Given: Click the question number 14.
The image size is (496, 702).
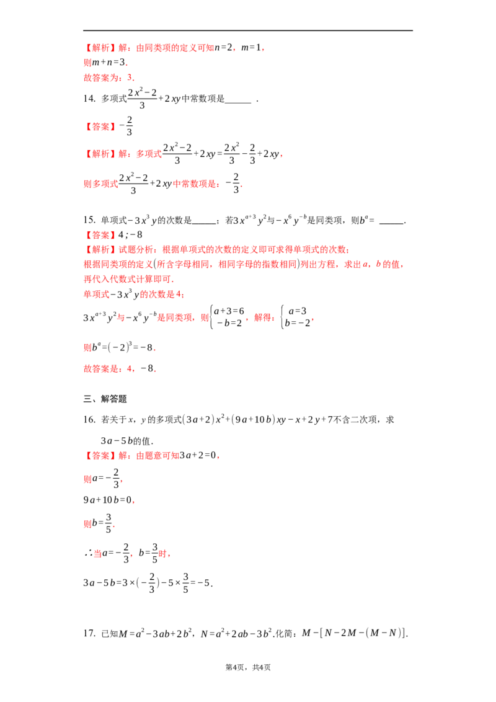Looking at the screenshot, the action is tap(89, 99).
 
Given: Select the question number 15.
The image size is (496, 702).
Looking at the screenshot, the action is tap(89, 220).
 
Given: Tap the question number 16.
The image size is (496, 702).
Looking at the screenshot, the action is tap(89, 419).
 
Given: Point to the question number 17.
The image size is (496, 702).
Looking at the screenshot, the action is tap(89, 633).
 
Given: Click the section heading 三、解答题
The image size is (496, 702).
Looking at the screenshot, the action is tap(105, 399).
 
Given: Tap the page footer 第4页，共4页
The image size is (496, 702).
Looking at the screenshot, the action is tap(248, 667).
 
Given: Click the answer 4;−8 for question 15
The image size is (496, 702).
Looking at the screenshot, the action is tap(130, 234).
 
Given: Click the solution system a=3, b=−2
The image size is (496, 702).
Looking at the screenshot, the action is tap(296, 317).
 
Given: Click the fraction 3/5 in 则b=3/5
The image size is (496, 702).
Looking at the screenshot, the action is tap(108, 523).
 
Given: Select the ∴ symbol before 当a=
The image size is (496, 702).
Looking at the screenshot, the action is tap(88, 553).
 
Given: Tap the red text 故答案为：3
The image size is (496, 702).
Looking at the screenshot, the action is tap(108, 78).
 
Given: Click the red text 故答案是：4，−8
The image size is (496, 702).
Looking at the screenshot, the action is tap(120, 368).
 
